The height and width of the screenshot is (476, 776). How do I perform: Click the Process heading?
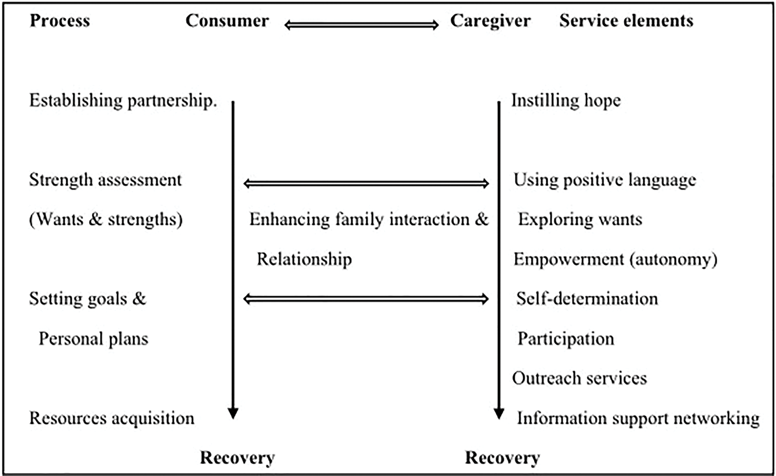60,21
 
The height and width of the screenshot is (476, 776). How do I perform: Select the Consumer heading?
227,21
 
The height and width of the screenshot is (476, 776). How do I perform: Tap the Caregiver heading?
490,21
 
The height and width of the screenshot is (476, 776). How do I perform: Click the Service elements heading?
626,21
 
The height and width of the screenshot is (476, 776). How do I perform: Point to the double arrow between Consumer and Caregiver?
362,25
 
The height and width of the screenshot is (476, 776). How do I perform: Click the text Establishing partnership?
123,101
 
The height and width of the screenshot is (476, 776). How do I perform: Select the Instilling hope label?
566,101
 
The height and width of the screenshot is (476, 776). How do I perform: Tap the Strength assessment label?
105,180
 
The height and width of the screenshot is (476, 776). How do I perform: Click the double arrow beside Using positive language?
366,183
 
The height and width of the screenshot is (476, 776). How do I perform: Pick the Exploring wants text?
580,219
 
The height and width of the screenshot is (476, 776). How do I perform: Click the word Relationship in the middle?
304,259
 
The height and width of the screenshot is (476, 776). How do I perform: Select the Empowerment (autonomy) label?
615,259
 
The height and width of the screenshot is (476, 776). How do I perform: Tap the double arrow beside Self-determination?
366,299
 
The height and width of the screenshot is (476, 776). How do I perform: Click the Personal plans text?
93,339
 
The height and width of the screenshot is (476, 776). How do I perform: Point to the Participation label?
566,339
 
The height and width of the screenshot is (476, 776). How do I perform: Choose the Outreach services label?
580,378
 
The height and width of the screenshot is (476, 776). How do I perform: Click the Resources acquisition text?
112,418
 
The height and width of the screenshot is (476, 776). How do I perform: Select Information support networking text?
638,418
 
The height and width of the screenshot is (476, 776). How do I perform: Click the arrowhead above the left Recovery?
233,413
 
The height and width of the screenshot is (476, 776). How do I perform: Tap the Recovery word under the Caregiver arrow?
502,458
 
